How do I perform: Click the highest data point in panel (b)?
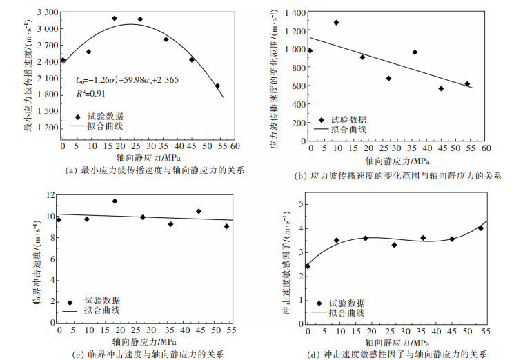click(x=337, y=22)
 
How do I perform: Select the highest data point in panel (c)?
click(x=115, y=201)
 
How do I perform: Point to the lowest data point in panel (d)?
click(x=308, y=266)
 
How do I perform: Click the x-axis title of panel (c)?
click(x=143, y=341)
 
